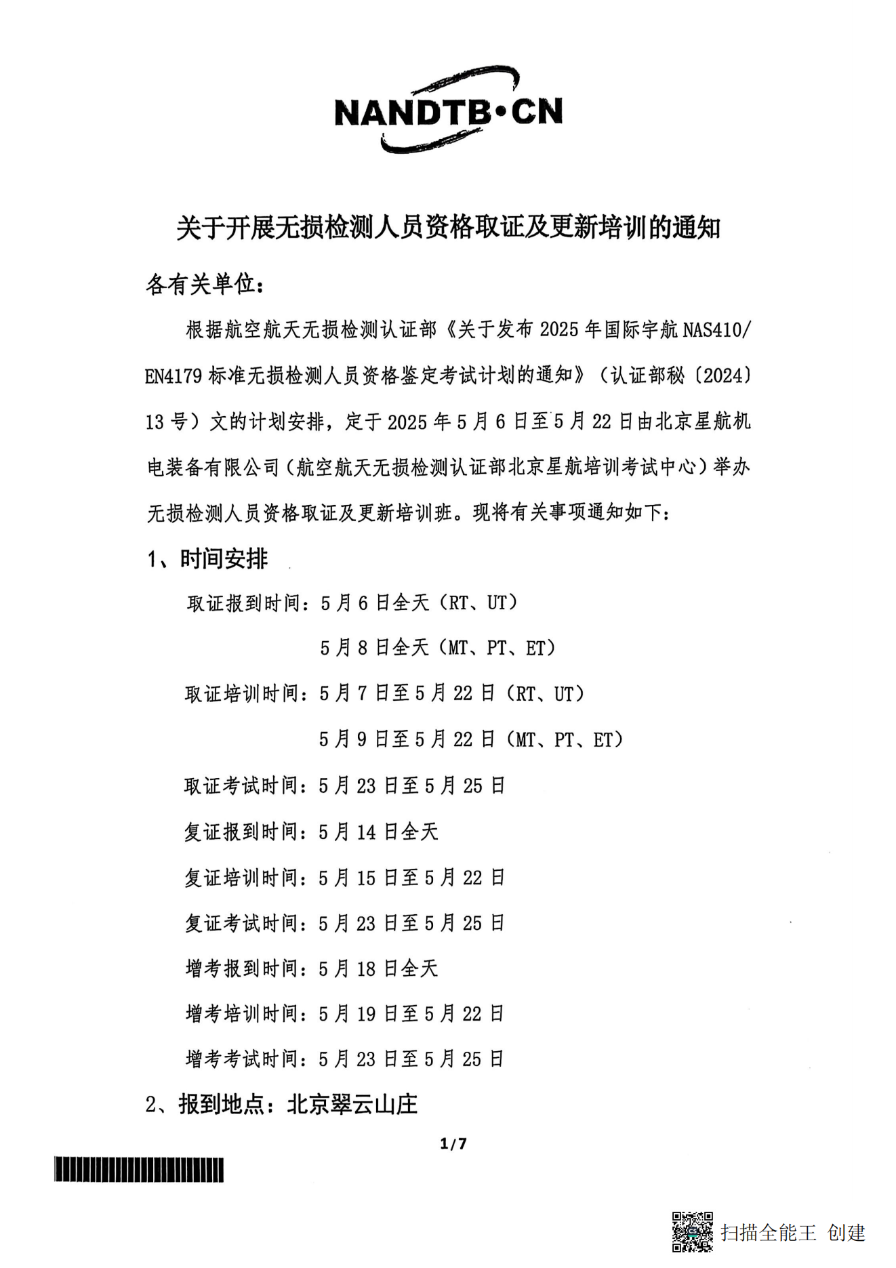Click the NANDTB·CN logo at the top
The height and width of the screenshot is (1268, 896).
point(448,110)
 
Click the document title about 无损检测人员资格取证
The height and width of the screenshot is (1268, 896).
point(448,228)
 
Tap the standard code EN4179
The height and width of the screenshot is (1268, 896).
point(174,376)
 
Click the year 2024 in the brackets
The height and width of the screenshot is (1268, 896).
point(727,375)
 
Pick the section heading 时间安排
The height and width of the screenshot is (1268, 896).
point(224,559)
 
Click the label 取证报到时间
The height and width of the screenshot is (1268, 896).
point(244,603)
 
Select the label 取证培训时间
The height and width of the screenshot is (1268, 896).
point(243,694)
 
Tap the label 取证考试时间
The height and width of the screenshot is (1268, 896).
point(243,786)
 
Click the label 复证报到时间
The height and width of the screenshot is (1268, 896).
point(243,832)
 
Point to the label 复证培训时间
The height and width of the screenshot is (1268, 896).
point(243,878)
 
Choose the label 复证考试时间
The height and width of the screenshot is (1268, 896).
point(243,923)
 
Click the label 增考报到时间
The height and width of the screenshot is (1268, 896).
point(243,968)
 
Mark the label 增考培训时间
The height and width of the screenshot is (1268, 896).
point(243,1014)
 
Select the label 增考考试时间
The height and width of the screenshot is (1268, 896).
point(243,1059)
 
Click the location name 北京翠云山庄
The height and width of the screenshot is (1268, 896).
point(352,1105)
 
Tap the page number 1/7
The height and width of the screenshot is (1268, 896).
point(453,1144)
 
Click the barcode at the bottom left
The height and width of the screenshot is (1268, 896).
point(139,1170)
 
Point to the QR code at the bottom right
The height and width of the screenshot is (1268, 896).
point(692,1231)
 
